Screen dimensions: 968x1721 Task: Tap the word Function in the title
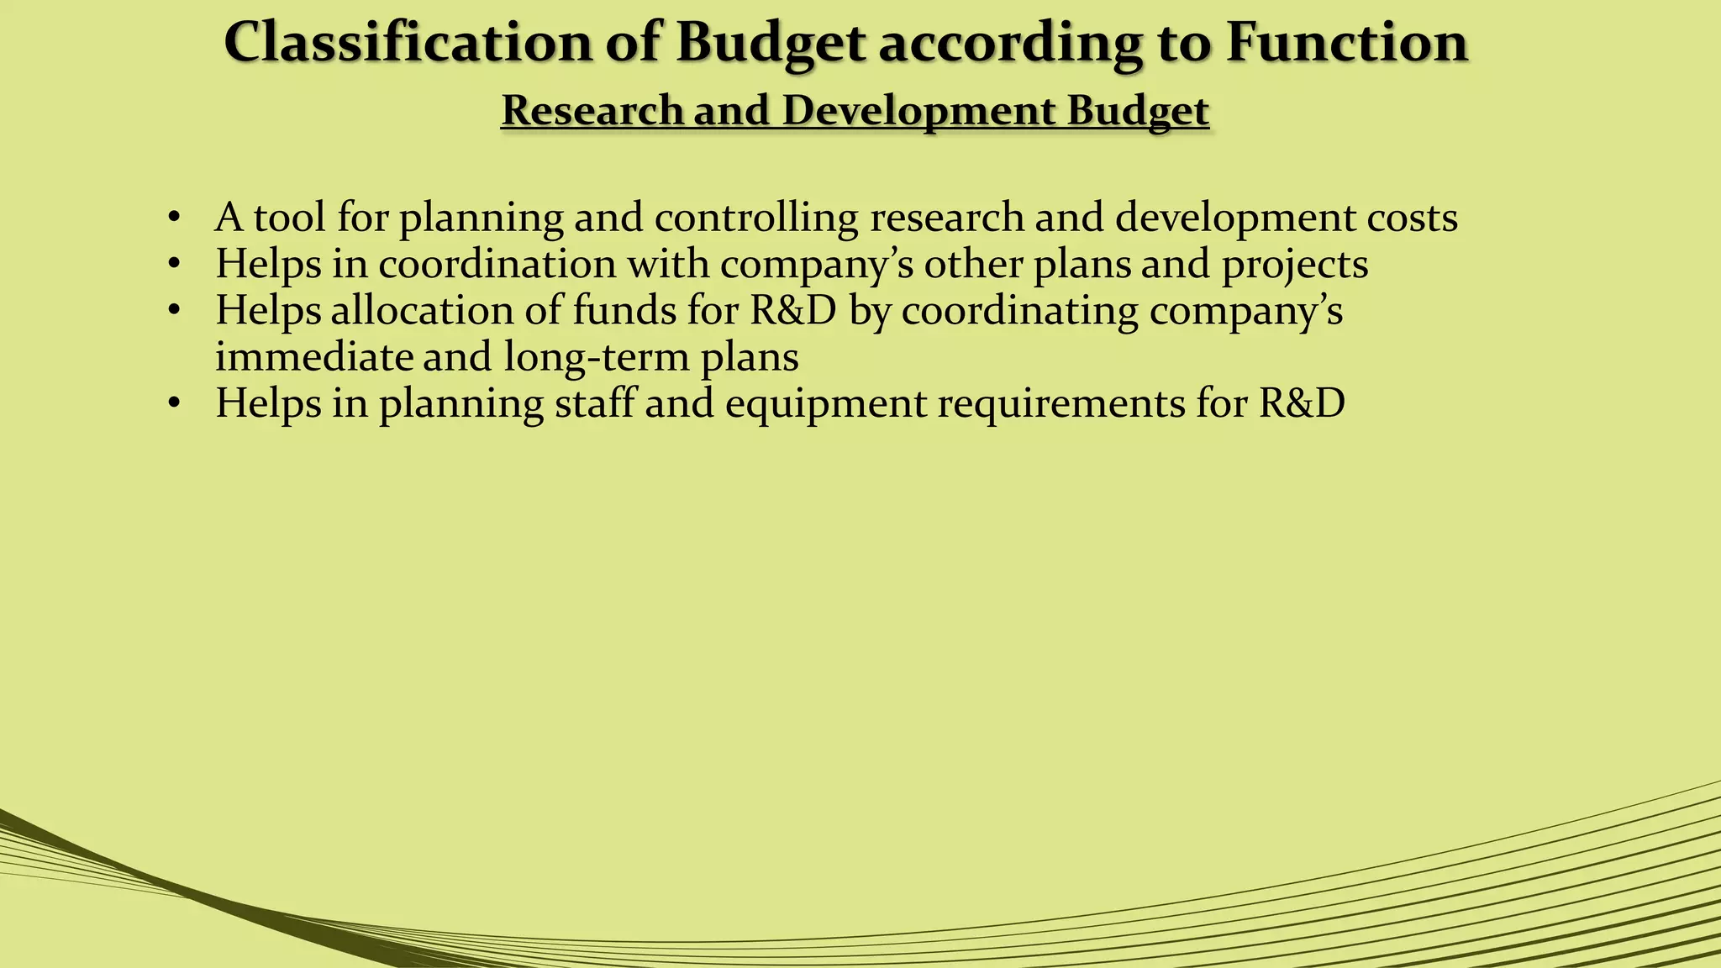pyautogui.click(x=1346, y=42)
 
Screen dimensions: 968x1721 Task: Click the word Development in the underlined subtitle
pyautogui.click(x=918, y=112)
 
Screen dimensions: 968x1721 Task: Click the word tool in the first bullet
pyautogui.click(x=289, y=218)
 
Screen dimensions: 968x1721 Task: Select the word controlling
pyautogui.click(x=756, y=218)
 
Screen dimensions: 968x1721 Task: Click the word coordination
pyautogui.click(x=497, y=265)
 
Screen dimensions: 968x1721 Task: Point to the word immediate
pyautogui.click(x=314, y=357)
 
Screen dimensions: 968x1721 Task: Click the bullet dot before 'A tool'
pyautogui.click(x=174, y=218)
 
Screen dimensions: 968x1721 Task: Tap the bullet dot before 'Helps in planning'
pyautogui.click(x=174, y=404)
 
